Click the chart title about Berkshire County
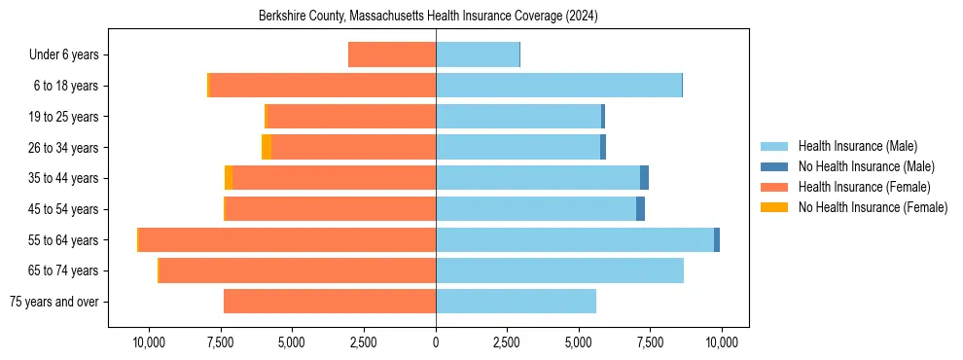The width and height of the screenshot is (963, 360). click(428, 17)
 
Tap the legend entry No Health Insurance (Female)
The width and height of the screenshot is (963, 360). click(873, 207)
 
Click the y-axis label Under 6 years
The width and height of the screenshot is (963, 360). click(63, 55)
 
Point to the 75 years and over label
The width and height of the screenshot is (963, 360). click(53, 302)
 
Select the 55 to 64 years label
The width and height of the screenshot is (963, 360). click(63, 240)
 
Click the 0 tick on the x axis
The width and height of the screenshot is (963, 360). click(436, 342)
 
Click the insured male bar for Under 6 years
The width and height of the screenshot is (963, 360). click(478, 55)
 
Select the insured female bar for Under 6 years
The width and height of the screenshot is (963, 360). click(392, 55)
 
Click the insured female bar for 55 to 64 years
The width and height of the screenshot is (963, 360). click(287, 240)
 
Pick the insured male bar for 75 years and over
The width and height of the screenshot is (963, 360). click(516, 302)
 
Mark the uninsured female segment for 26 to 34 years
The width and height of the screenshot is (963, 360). click(267, 147)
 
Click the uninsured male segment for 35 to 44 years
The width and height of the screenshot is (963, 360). click(644, 178)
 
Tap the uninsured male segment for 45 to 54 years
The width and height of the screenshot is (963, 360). click(640, 209)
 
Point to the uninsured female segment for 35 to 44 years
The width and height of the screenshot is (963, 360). click(229, 178)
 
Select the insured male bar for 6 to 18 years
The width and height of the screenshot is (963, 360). click(558, 86)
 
